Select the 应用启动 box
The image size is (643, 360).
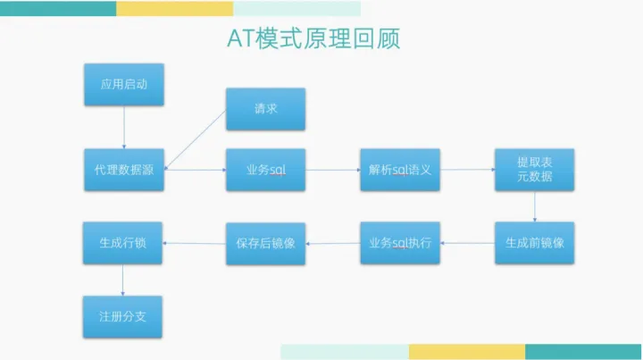[x=123, y=84]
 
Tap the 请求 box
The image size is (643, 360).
[x=265, y=109]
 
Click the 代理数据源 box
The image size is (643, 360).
[x=123, y=170]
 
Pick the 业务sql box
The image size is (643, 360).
[x=265, y=170]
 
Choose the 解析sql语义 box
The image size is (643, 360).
[x=399, y=170]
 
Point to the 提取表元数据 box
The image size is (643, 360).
[x=534, y=170]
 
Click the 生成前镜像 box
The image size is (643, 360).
[x=534, y=242]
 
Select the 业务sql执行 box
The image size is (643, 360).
[x=399, y=242]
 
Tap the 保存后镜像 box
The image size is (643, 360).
[x=265, y=242]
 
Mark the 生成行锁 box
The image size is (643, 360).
[x=123, y=242]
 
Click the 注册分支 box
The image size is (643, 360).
[x=123, y=315]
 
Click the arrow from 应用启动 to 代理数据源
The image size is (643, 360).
[x=123, y=127]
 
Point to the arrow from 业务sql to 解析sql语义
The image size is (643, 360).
[x=332, y=169]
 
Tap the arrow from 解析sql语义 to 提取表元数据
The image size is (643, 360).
[x=467, y=169]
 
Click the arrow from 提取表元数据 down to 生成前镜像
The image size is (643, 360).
[x=535, y=206]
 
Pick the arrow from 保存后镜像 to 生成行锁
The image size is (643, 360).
[x=194, y=242]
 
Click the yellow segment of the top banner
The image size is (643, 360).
[x=174, y=8]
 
